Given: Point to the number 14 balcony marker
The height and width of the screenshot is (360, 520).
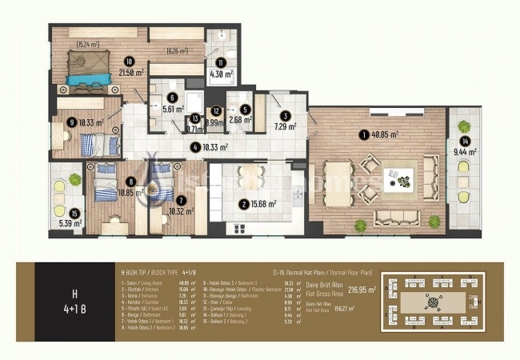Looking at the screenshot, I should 461,142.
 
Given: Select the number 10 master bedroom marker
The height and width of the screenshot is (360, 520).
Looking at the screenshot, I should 128,60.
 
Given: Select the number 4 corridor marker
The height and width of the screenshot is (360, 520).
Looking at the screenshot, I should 194,147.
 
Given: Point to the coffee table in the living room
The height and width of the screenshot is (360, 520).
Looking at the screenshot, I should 396,176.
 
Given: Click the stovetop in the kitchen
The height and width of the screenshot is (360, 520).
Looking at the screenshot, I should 239,230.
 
